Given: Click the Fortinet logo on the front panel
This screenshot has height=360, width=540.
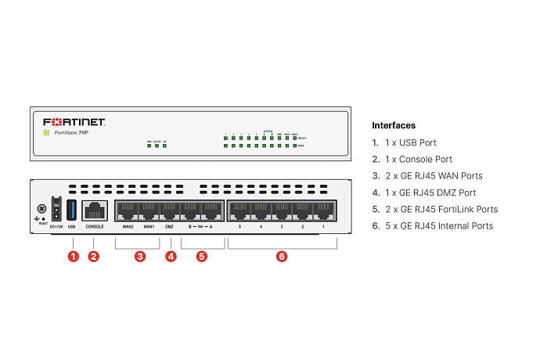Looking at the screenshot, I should click(74, 122).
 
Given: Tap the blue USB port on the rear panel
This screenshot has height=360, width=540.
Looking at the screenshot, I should click(72, 209).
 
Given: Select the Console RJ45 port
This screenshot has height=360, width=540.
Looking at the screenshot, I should click(95, 210).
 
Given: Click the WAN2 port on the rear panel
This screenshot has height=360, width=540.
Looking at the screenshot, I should click(128, 210).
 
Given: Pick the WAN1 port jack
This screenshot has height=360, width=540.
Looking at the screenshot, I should click(149, 210).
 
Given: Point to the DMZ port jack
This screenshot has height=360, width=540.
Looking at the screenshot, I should click(170, 210).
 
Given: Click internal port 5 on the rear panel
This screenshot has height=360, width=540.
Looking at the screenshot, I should click(239, 210).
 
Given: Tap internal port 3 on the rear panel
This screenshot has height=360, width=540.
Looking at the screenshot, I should click(282, 210).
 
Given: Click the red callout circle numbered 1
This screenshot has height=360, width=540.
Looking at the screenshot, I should click(73, 256).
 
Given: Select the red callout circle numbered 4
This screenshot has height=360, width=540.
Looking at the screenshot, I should click(171, 256).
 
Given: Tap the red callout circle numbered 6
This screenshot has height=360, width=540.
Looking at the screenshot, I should click(282, 256).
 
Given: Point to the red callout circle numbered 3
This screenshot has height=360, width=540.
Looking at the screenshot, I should click(139, 256).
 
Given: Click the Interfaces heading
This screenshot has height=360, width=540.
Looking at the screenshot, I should click(394, 125).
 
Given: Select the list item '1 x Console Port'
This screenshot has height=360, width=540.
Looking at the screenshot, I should click(418, 159).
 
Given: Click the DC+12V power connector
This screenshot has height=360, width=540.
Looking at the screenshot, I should click(56, 210).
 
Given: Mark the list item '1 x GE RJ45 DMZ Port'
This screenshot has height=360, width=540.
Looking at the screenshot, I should click(434, 193).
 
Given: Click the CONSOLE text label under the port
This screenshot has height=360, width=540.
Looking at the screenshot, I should click(95, 227).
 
